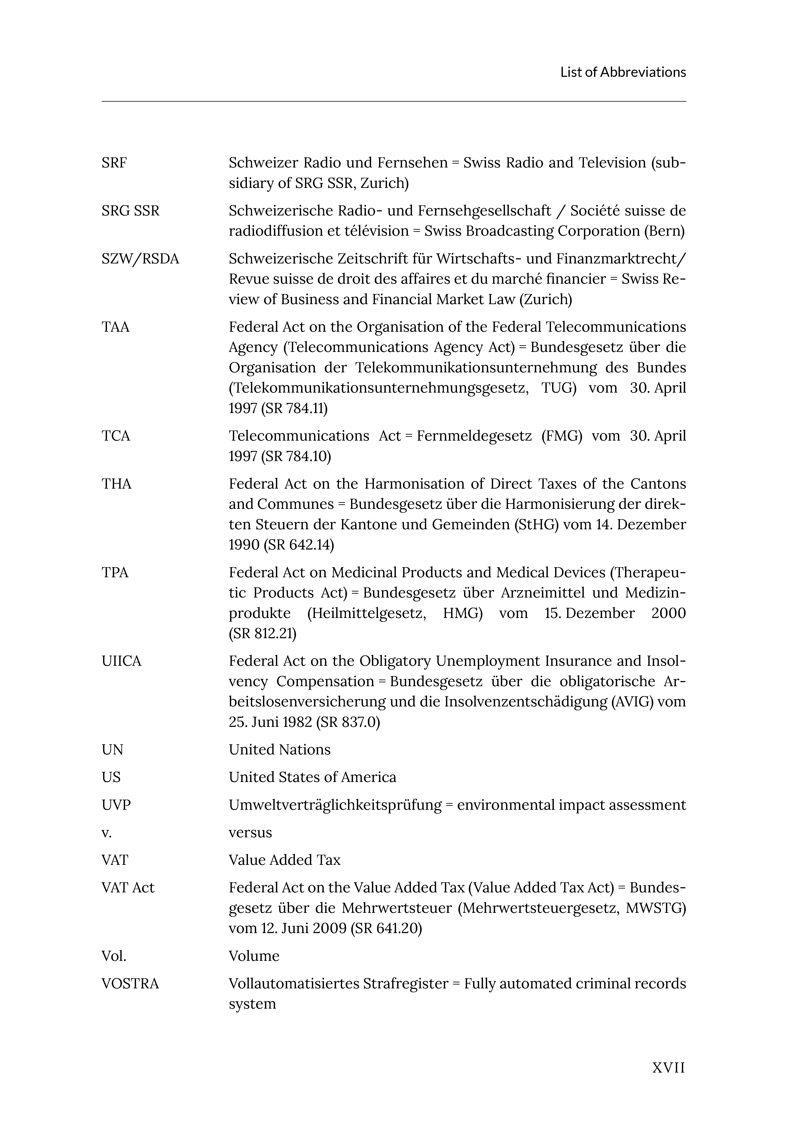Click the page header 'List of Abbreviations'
[623, 73]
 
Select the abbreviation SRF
[114, 163]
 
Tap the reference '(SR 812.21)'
[263, 633]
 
